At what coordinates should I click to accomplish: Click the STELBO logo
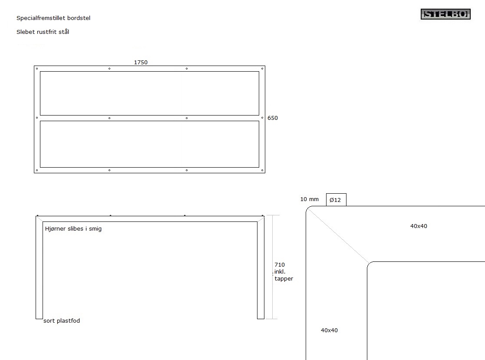pos(445,14)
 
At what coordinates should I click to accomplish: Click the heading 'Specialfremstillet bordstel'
pos(53,18)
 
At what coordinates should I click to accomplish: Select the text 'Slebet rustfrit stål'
pos(43,32)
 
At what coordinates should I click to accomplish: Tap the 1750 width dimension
pos(141,62)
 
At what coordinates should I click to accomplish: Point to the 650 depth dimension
pos(273,118)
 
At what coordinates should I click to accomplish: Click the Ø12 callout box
pos(336,200)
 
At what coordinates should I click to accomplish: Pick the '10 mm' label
pos(309,199)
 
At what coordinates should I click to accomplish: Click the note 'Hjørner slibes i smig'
pos(73,229)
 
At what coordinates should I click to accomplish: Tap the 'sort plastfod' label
pos(62,321)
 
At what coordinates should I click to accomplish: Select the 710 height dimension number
pos(280,265)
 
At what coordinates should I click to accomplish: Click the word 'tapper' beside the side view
pos(284,279)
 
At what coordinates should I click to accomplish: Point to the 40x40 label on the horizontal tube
pos(419,226)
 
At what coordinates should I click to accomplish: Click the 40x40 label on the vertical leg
pos(329,330)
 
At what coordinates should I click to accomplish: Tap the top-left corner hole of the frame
pos(37,69)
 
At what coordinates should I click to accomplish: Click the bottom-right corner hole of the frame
pos(262,170)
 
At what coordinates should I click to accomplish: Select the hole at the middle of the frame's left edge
pos(37,118)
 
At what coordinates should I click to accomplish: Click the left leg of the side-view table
pos(39,268)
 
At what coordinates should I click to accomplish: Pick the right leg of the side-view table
pos(261,268)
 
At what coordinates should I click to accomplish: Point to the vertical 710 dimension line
pos(272,267)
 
